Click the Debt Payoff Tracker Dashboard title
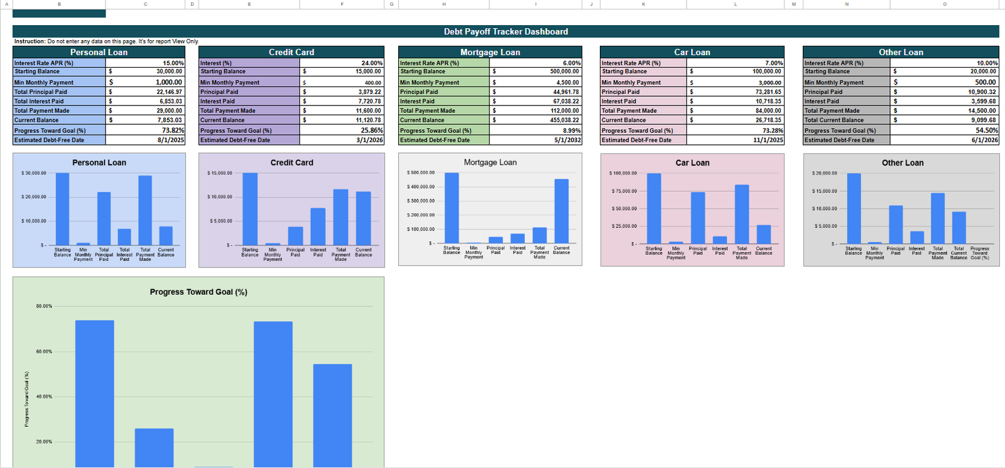tap(506, 31)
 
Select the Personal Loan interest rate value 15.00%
tap(173, 63)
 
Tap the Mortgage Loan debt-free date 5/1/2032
tap(567, 140)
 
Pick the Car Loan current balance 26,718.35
tap(768, 120)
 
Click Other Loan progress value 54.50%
tap(987, 130)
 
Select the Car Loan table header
tap(692, 52)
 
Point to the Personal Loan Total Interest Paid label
tap(39, 101)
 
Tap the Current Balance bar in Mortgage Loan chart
tap(562, 211)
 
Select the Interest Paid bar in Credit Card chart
tap(318, 226)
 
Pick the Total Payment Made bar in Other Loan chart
tap(938, 218)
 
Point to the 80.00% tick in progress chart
tap(44, 306)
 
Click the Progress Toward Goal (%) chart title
tap(198, 292)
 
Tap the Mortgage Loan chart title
tap(490, 162)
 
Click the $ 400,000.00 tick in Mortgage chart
tap(420, 186)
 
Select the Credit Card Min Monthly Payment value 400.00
tap(372, 82)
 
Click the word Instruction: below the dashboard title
tap(30, 41)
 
